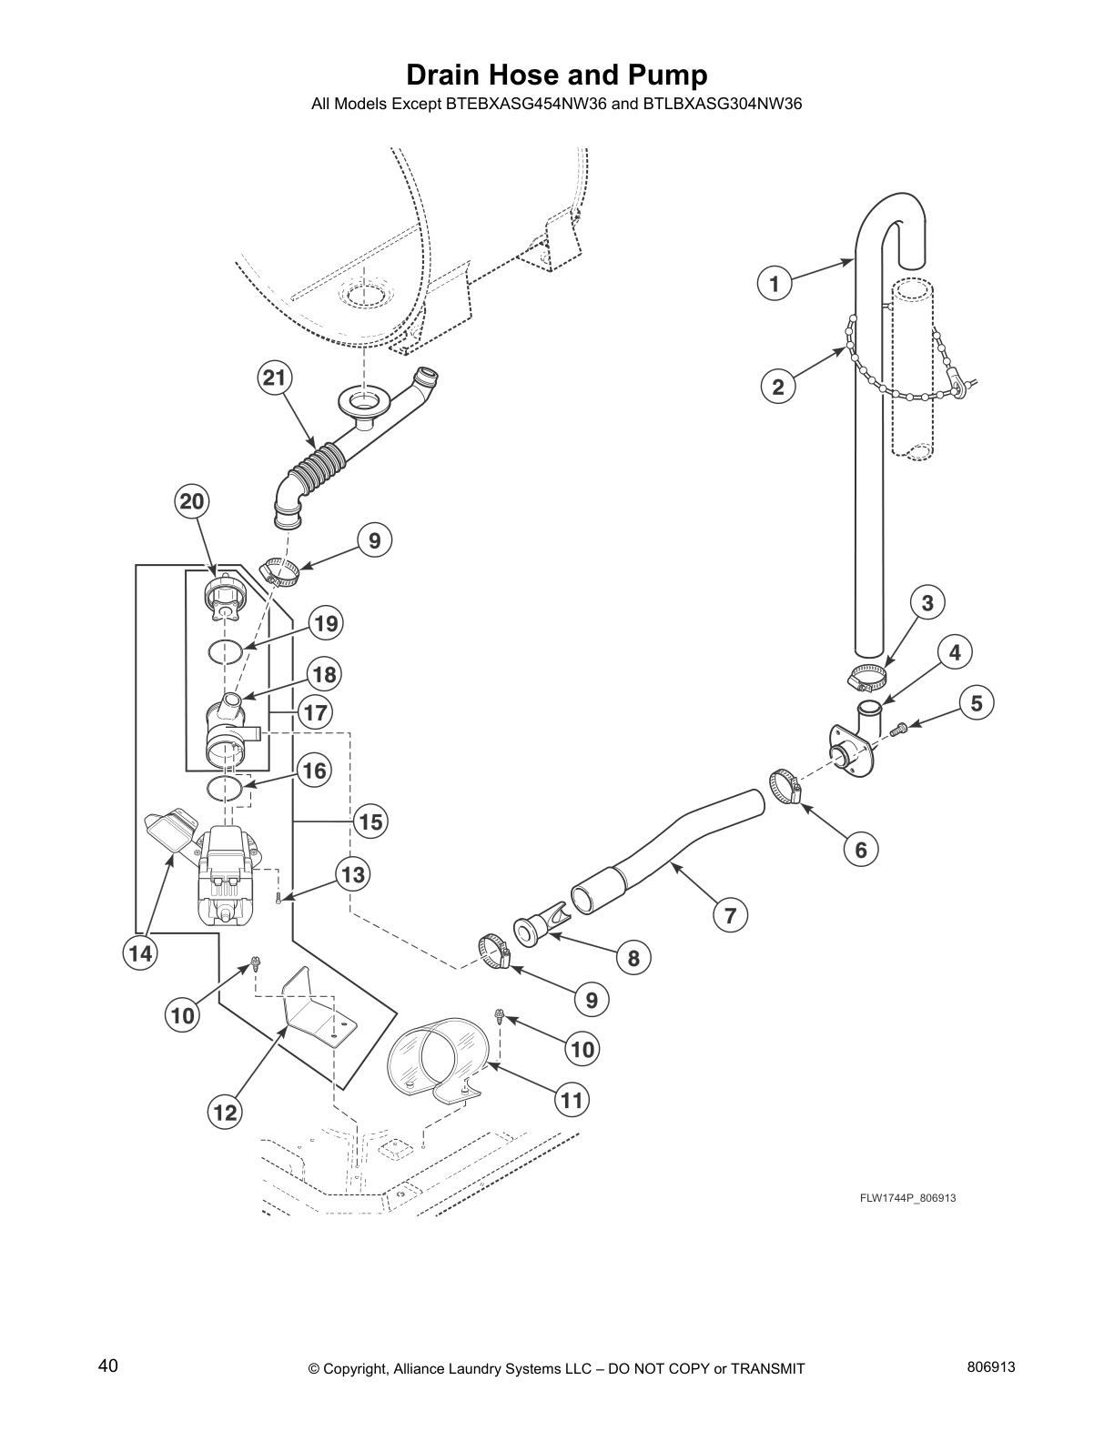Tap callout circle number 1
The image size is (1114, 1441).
pos(775,284)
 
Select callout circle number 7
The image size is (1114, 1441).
pos(730,915)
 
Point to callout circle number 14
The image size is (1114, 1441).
pos(140,954)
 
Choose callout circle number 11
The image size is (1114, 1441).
pos(571,1101)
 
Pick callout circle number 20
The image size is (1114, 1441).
pos(192,501)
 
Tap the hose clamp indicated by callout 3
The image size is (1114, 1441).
pos(867,677)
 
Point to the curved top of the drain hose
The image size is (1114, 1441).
pos(894,214)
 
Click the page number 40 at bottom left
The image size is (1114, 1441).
pos(107,1365)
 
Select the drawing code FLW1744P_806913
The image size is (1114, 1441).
pos(907,1198)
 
